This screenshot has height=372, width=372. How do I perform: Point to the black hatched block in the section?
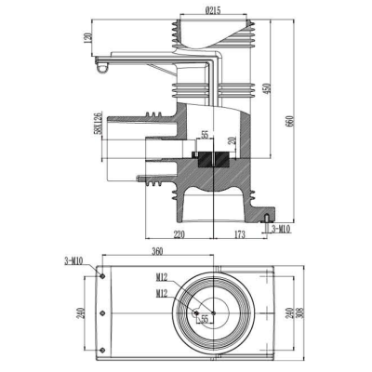pos(212,157)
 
